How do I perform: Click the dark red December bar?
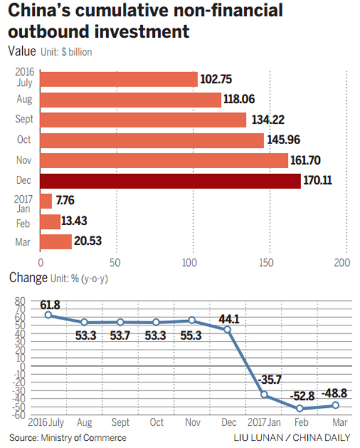pyautogui.click(x=170, y=181)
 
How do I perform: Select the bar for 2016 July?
pyautogui.click(x=119, y=79)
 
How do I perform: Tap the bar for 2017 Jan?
pyautogui.click(x=46, y=201)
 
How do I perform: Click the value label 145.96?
pyautogui.click(x=284, y=141)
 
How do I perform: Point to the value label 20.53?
pyautogui.click(x=88, y=242)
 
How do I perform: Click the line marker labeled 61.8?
pyautogui.click(x=48, y=315)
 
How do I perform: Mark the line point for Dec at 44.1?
pyautogui.click(x=227, y=329)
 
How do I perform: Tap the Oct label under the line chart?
pyautogui.click(x=155, y=422)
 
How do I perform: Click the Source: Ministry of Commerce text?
pyautogui.click(x=67, y=437)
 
